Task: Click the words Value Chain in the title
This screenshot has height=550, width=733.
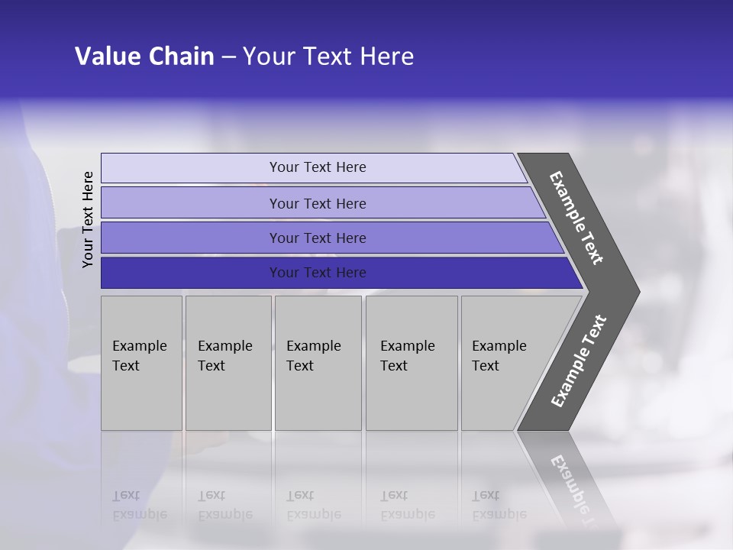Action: tap(144, 57)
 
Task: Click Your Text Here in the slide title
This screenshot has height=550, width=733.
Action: tap(328, 57)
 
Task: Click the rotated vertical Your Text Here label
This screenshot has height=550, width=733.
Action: tap(89, 219)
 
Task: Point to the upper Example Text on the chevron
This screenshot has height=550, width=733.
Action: tap(577, 218)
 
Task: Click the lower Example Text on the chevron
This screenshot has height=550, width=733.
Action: tap(579, 361)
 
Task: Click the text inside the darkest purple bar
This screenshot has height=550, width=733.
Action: tap(318, 273)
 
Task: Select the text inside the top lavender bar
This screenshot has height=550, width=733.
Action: tap(318, 167)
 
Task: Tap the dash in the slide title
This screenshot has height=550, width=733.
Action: tap(228, 57)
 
